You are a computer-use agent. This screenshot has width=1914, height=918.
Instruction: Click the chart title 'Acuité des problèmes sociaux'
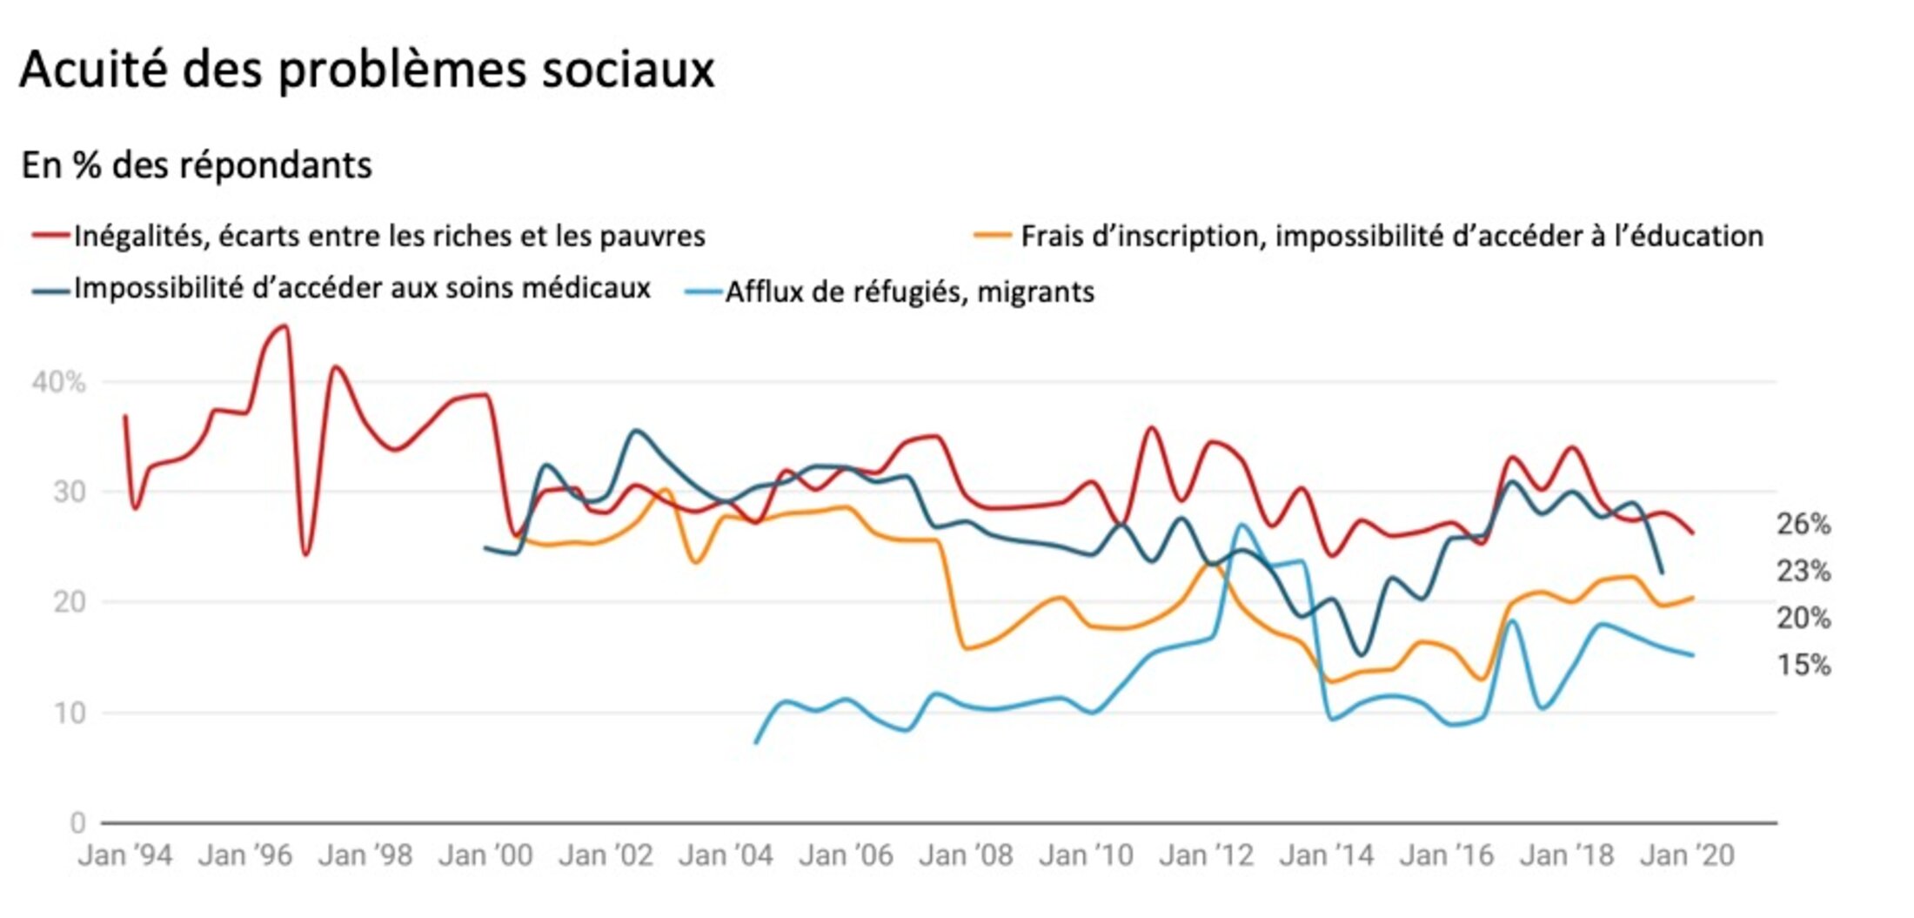[366, 70]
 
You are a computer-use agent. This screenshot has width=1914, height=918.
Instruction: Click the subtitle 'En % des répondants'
[197, 165]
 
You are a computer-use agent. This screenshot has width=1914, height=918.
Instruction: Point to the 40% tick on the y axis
[58, 382]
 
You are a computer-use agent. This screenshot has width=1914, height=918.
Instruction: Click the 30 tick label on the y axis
[69, 492]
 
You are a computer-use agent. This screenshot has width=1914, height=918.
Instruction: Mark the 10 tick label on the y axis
[69, 713]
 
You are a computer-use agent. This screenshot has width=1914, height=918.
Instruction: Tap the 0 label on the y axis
[77, 822]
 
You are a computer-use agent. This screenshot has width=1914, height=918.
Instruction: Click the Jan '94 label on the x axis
[125, 855]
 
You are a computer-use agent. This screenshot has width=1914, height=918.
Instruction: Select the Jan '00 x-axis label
[485, 855]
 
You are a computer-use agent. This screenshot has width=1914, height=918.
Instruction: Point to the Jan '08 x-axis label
[966, 855]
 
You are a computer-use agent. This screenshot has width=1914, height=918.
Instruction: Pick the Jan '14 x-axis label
[1326, 855]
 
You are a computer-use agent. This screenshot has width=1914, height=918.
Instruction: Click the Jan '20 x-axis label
[1686, 855]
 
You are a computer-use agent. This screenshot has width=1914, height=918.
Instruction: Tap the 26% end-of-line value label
[1804, 524]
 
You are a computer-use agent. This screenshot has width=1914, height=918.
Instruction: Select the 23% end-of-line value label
[1804, 571]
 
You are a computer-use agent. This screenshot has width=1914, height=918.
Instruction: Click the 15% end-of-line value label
[1804, 665]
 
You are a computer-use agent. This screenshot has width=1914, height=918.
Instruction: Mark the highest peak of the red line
[284, 326]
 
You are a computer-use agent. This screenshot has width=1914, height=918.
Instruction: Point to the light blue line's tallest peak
[1241, 525]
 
